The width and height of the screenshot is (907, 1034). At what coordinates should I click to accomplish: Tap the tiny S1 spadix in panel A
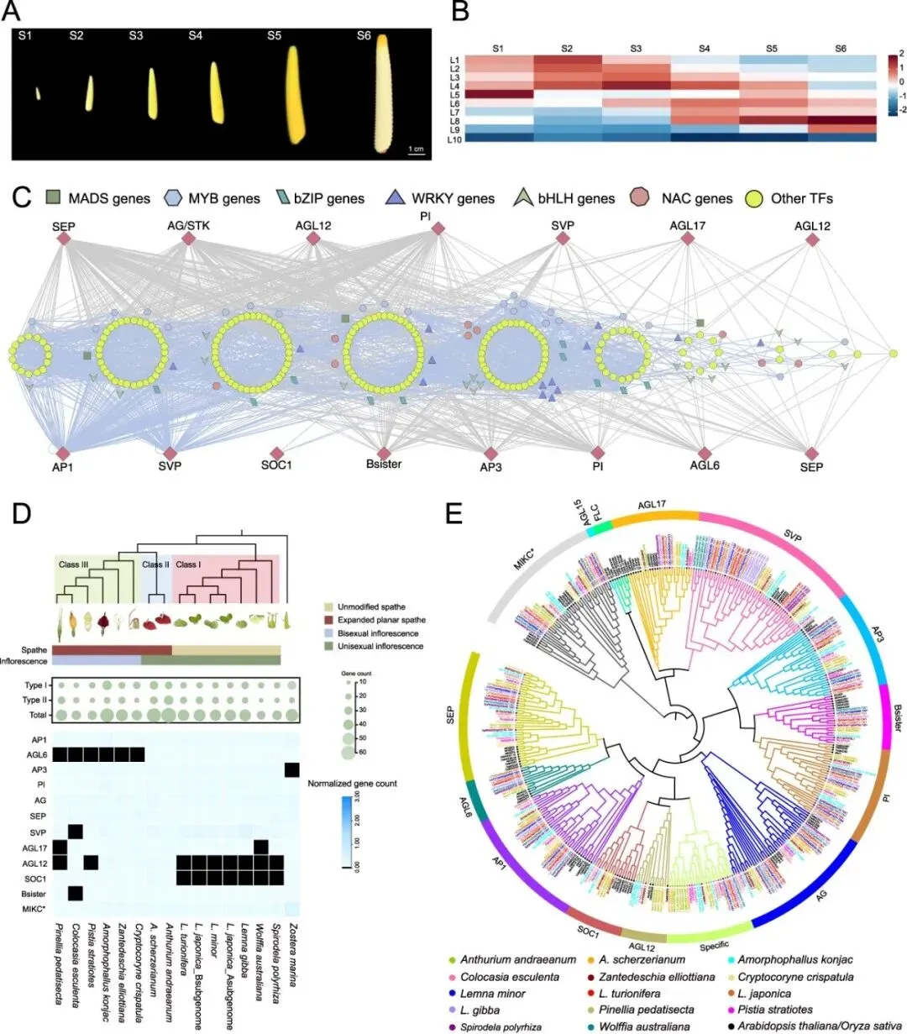(38, 93)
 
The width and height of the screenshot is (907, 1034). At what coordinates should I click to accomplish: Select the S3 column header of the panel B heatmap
(636, 49)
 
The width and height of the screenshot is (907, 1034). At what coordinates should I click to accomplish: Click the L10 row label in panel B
(454, 138)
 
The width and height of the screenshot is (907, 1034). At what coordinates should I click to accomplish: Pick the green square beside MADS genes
(54, 198)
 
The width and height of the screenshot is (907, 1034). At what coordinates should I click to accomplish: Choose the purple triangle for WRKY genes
(395, 198)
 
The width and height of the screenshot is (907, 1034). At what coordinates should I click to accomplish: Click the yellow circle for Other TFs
(755, 199)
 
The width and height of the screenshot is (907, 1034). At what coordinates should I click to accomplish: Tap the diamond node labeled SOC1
(276, 454)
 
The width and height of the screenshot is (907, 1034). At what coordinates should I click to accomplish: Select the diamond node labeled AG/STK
(189, 240)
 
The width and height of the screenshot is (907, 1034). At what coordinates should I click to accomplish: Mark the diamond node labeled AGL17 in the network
(688, 239)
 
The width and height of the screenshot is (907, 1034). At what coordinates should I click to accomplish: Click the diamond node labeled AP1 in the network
(63, 454)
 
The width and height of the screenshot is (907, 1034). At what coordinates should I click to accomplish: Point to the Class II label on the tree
(155, 564)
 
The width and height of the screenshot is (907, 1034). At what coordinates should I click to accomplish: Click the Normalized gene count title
(352, 783)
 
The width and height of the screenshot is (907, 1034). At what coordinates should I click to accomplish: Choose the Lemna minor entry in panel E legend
(492, 993)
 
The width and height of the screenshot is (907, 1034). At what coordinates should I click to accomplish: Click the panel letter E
(455, 513)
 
